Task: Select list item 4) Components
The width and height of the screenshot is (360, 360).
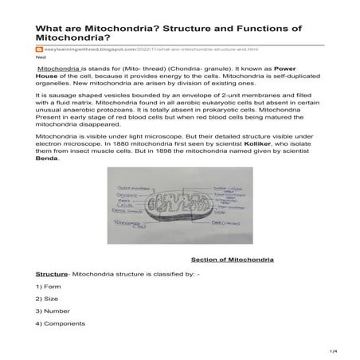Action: pos(61,323)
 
